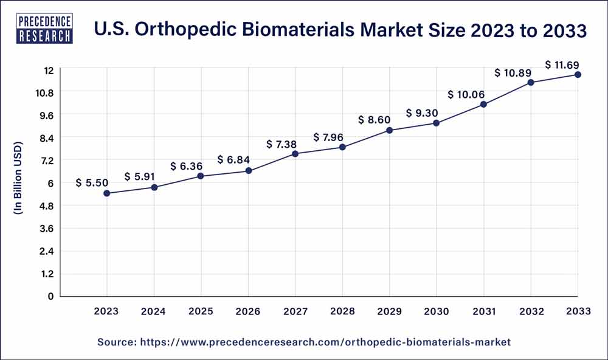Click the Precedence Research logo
[x=46, y=29]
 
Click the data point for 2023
[x=107, y=193]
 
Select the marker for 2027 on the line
[x=295, y=154]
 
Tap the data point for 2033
[x=578, y=75]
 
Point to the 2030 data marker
[x=437, y=123]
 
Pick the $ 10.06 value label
[x=468, y=94]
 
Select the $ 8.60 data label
[x=376, y=120]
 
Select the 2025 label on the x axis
[x=201, y=311]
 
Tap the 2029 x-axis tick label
[x=390, y=311]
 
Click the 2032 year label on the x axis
[x=531, y=311]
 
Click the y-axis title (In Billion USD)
[x=18, y=178]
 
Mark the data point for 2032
[x=531, y=83]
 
